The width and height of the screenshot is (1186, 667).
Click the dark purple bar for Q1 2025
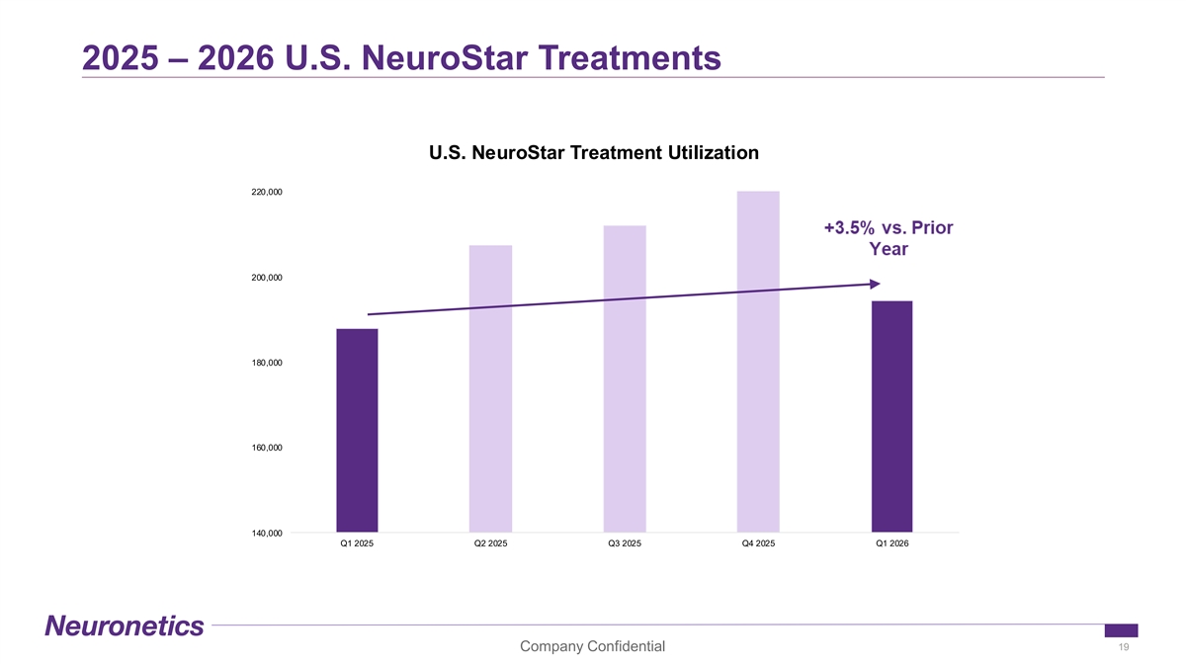pos(357,431)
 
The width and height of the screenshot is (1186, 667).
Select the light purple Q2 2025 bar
pos(490,388)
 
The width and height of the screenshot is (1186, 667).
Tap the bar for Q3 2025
pos(625,379)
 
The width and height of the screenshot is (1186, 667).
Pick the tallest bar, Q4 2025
pos(758,362)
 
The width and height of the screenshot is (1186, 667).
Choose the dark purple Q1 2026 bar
pos(892,417)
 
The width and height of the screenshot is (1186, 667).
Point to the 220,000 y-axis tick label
pos(267,192)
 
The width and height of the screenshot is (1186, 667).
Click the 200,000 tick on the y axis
pos(267,278)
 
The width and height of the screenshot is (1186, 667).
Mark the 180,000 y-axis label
pos(267,363)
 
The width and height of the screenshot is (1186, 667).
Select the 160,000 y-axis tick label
pos(267,448)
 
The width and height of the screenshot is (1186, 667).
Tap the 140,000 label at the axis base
pos(267,533)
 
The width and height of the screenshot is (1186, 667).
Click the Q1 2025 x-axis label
pos(357,543)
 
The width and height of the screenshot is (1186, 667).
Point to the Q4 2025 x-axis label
pos(758,543)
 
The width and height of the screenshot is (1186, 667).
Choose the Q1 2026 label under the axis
pos(892,543)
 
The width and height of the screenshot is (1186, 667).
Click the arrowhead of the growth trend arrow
pos(876,285)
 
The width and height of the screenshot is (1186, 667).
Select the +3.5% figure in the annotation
pos(849,228)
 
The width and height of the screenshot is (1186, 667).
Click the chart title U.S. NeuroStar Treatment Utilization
pos(594,153)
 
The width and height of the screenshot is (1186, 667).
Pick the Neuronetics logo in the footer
pos(125,625)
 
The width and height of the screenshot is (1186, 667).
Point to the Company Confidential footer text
pos(592,646)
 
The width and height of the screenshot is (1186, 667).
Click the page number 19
pos(1124,647)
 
